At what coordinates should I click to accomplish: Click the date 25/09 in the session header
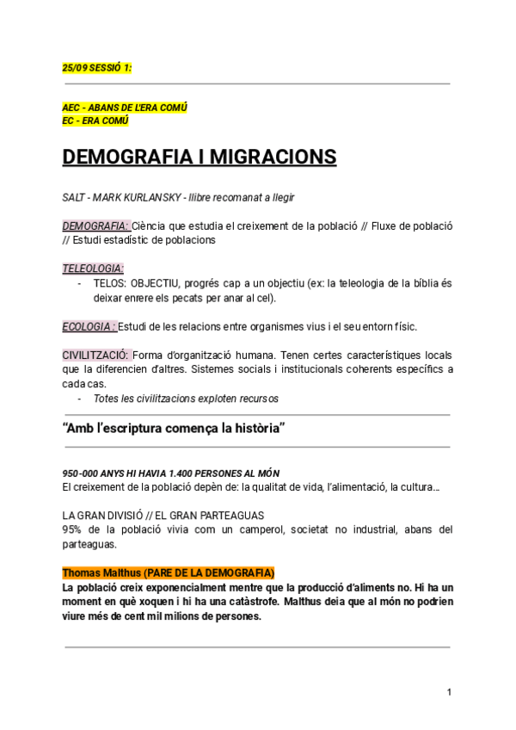[74, 67]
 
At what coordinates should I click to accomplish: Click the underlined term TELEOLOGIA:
[93, 268]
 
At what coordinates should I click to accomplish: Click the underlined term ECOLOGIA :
[89, 326]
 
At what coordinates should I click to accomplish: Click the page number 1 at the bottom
[449, 692]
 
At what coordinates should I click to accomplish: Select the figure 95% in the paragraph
[73, 529]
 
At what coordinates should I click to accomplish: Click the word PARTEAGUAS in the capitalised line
[234, 516]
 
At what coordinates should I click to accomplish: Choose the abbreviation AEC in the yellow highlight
[71, 108]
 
